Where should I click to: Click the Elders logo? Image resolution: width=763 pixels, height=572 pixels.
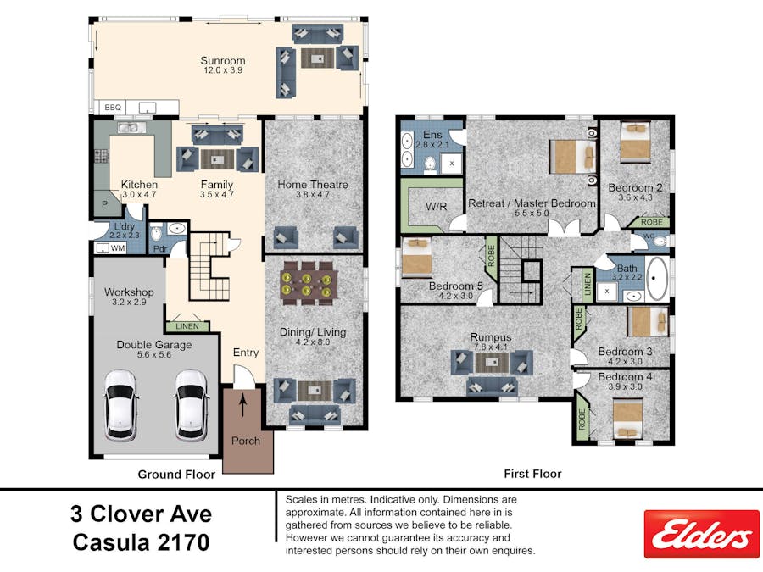(x=701, y=534)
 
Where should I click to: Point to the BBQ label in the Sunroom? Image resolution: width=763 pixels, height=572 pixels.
(x=112, y=108)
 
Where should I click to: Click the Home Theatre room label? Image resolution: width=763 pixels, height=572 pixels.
(x=313, y=185)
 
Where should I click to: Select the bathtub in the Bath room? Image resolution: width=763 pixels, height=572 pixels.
(x=657, y=279)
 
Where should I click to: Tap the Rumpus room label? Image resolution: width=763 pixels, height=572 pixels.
(x=491, y=336)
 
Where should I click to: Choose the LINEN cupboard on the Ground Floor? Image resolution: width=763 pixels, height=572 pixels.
(x=187, y=326)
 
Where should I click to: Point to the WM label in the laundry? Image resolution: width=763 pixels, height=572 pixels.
(x=118, y=248)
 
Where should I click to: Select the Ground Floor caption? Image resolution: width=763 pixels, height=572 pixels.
(x=176, y=475)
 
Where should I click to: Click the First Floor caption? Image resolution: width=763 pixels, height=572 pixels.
(x=532, y=475)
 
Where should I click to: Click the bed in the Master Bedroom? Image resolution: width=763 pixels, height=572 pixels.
(x=573, y=157)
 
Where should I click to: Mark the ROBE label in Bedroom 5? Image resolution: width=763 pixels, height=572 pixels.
(x=490, y=254)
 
